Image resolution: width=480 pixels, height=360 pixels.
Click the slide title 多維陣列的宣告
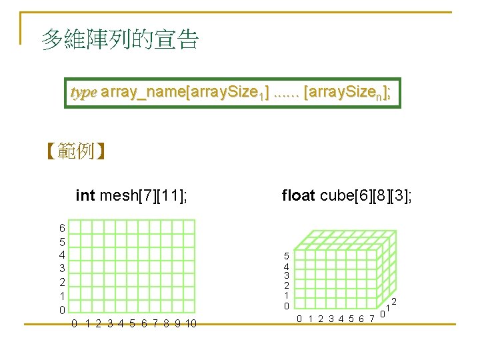pyautogui.click(x=120, y=39)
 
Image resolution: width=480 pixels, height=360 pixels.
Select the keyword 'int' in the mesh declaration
pyautogui.click(x=85, y=195)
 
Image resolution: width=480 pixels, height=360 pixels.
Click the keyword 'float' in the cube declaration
pyautogui.click(x=298, y=195)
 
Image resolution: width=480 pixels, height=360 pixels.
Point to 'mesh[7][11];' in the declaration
pyautogui.click(x=143, y=195)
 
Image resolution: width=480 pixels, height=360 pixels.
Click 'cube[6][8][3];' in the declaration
pyautogui.click(x=366, y=195)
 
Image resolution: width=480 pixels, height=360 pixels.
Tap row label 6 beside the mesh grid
pyautogui.click(x=62, y=228)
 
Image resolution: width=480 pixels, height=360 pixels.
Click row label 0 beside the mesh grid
pyautogui.click(x=62, y=310)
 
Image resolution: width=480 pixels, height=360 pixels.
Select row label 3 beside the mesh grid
pyautogui.click(x=62, y=268)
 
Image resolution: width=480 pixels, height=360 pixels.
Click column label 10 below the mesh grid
pyautogui.click(x=190, y=325)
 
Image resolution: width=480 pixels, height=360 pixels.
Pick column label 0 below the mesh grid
pyautogui.click(x=75, y=325)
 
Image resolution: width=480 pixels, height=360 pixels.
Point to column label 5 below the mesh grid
pyautogui.click(x=132, y=325)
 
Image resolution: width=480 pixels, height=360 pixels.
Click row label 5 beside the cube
pyautogui.click(x=287, y=256)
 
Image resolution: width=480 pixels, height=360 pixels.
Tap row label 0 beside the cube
pyautogui.click(x=287, y=306)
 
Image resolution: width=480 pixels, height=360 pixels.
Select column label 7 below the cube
pyautogui.click(x=371, y=319)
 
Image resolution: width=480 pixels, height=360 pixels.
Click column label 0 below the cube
pyautogui.click(x=300, y=319)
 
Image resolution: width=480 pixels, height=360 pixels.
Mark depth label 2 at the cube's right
pyautogui.click(x=394, y=301)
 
